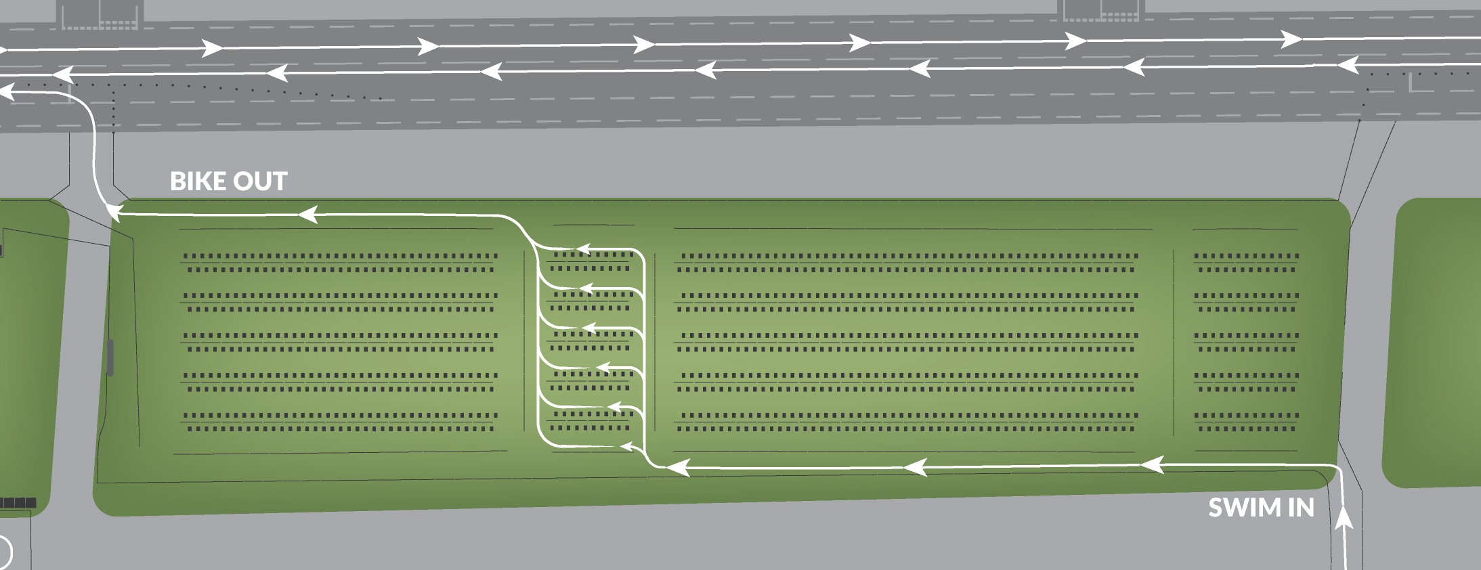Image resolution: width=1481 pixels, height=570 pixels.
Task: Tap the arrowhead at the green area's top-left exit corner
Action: pos(114,213)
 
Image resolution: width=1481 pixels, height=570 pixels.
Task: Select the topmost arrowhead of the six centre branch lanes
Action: pos(583,249)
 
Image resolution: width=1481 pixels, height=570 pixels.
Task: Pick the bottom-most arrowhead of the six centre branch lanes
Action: pos(627,446)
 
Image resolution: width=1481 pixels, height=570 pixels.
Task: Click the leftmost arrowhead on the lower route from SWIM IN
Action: pos(678,467)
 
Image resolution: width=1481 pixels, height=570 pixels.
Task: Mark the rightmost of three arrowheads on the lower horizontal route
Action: pos(1153,464)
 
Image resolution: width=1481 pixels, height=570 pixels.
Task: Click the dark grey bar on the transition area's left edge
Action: pos(110,357)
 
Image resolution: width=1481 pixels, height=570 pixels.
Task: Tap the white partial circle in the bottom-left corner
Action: pos(5,552)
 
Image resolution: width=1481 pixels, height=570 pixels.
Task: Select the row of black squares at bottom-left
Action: pos(18,503)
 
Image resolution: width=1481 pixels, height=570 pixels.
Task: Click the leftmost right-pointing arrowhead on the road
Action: pos(212,48)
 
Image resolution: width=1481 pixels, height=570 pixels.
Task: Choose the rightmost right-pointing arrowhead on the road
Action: pos(1291,39)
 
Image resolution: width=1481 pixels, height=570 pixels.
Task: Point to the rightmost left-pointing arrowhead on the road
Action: pos(1348,65)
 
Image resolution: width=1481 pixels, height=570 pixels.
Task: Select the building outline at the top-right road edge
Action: pos(1101,10)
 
